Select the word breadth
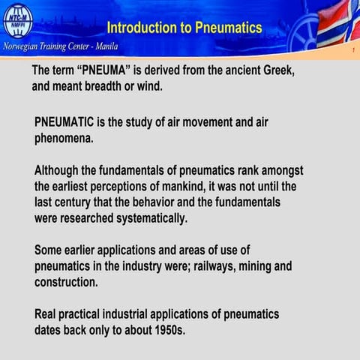click(117, 86)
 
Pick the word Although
click(61, 170)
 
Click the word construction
click(66, 283)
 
